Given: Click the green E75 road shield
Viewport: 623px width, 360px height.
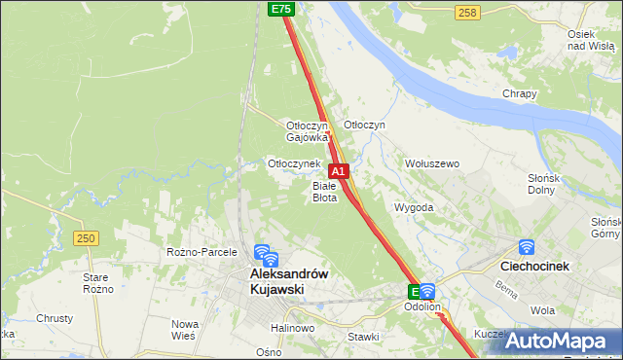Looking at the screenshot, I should tap(280, 9).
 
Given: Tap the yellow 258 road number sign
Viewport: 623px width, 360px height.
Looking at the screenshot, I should tap(467, 12).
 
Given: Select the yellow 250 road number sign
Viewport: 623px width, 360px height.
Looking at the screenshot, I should tap(87, 238).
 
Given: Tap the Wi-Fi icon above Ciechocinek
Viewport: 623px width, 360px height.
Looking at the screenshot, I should tap(527, 248).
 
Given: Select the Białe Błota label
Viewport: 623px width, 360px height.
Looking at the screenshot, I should tap(324, 191).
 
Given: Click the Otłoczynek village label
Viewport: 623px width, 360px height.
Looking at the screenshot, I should tap(294, 163).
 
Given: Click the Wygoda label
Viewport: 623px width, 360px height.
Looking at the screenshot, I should tap(414, 208).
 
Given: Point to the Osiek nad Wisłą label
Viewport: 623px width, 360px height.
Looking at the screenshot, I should tap(588, 40).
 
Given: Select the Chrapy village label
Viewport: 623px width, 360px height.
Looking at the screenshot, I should tap(520, 94).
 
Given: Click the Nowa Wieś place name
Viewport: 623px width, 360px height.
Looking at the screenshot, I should tap(185, 329).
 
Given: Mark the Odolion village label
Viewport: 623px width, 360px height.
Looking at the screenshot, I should tap(422, 307).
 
